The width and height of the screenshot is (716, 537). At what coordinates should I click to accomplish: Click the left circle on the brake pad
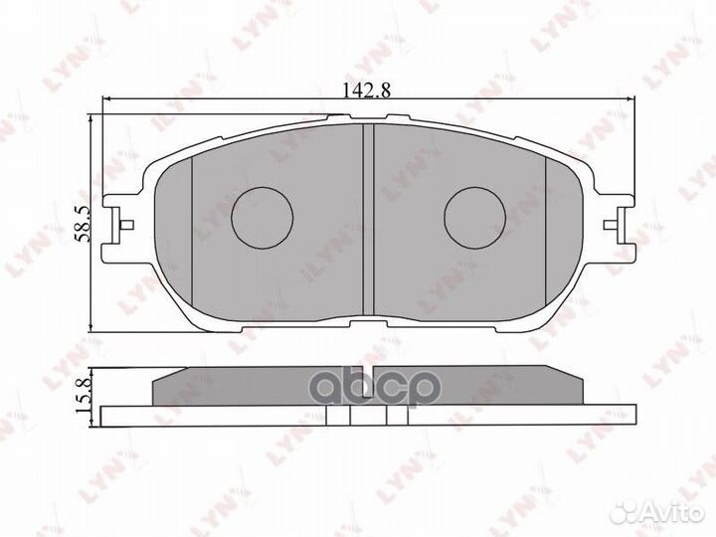pos(263,217)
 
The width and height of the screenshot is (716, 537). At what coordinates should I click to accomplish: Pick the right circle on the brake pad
pos(474,217)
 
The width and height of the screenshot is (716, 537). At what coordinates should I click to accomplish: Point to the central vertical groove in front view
pos(366,219)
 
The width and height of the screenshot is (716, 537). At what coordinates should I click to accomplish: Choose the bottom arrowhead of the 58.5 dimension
pos(91,327)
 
